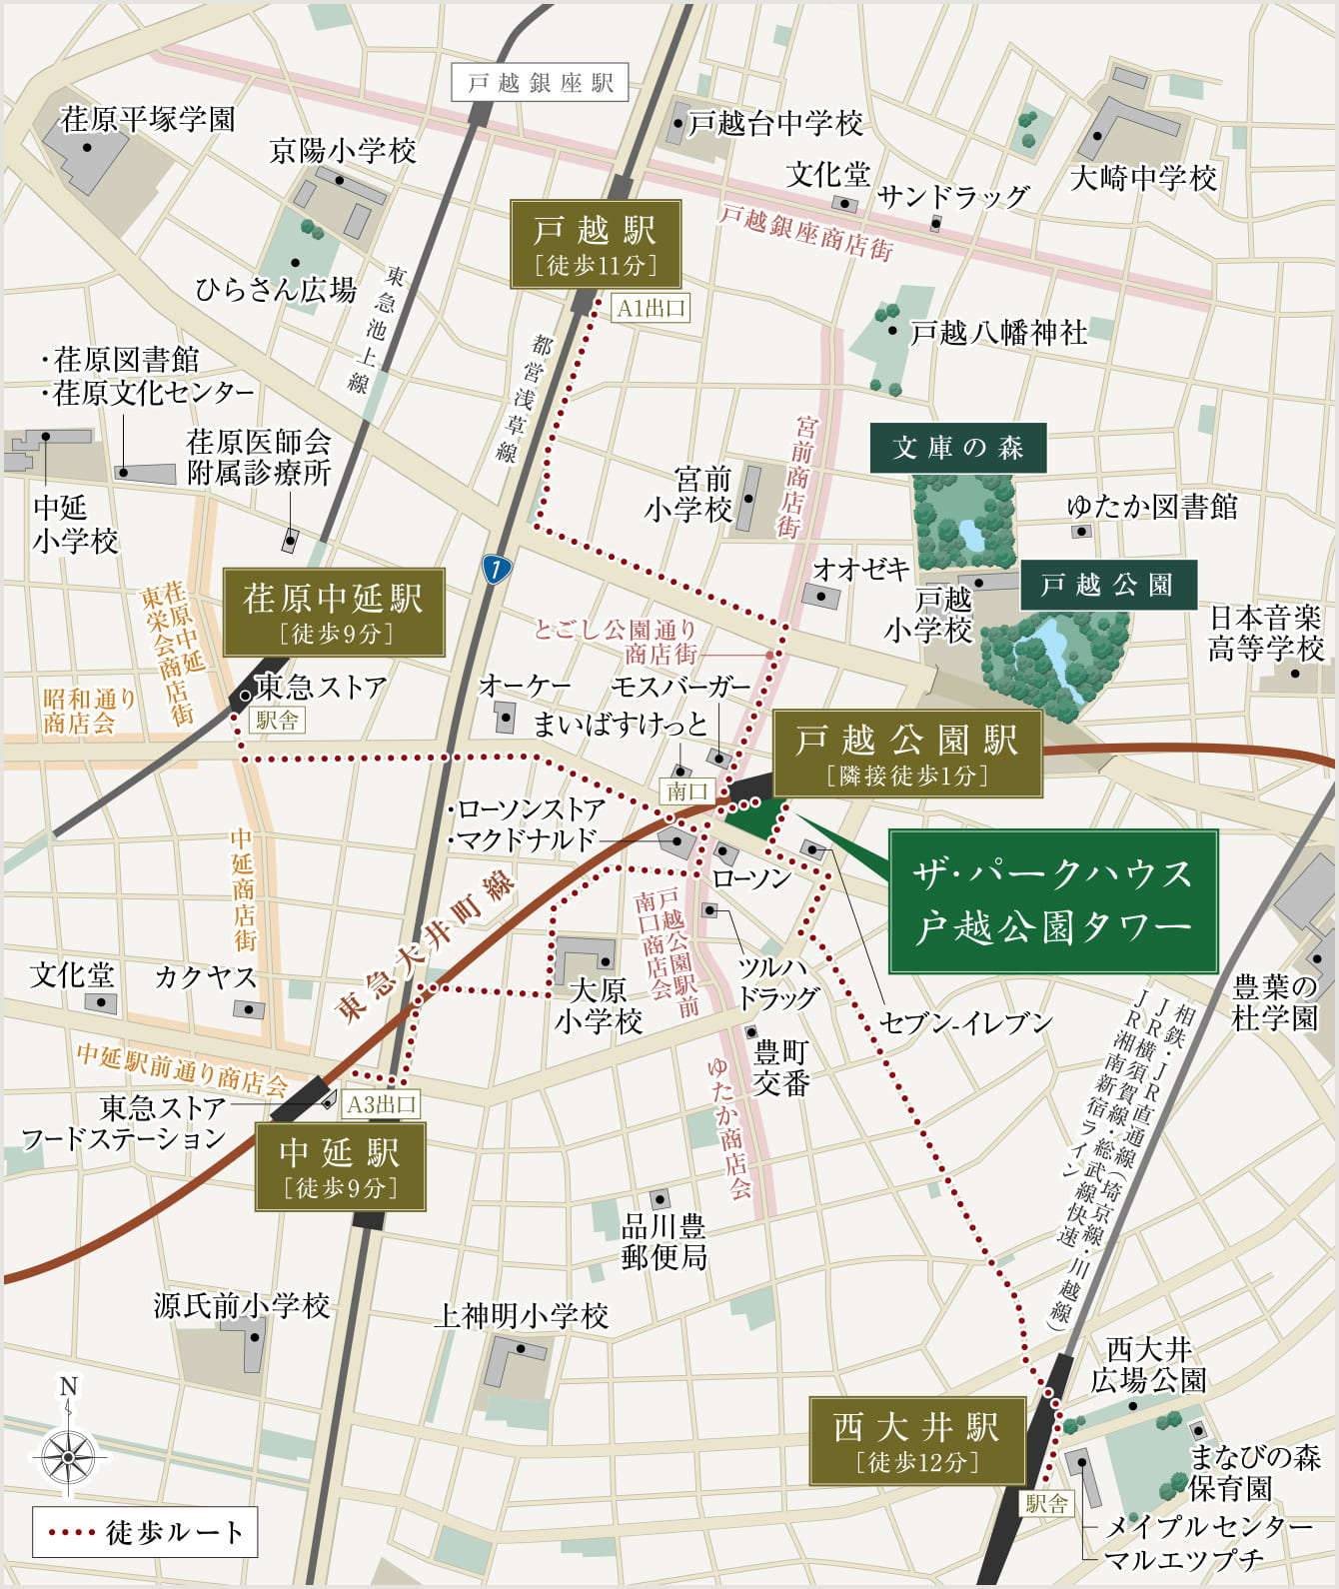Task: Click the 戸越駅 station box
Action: coord(596,245)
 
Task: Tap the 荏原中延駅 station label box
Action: coord(334,613)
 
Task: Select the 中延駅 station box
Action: coord(340,1166)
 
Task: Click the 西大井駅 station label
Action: coord(916,1440)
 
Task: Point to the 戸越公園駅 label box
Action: coord(906,754)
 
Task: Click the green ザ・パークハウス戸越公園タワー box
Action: coord(1053,901)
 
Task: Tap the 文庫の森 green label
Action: coord(957,448)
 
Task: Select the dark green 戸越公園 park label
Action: coord(1107,585)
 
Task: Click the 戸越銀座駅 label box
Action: coord(540,83)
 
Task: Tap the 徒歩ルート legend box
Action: coord(145,1532)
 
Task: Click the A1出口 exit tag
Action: coord(651,308)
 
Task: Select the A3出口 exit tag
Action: coord(381,1104)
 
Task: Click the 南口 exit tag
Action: coord(687,792)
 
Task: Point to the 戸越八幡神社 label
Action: coord(997,332)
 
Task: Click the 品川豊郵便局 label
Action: coord(664,1241)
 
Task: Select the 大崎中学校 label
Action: coord(1143,178)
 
